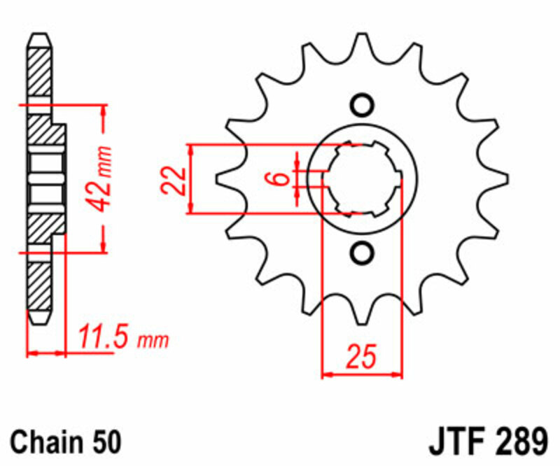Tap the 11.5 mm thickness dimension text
(x=122, y=341)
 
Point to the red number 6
(x=280, y=178)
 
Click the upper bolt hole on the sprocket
(x=362, y=105)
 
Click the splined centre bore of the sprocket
(x=362, y=178)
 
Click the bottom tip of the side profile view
(x=40, y=322)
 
